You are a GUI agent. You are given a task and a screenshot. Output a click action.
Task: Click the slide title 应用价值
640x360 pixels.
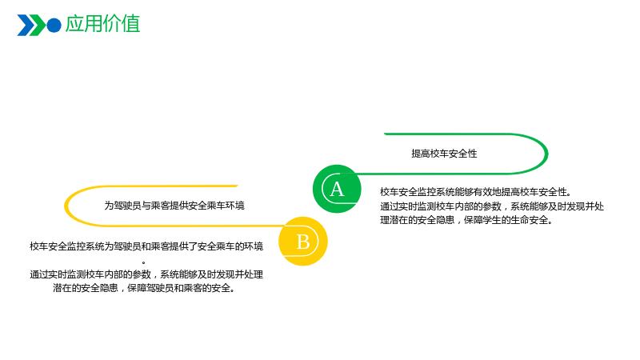pyautogui.click(x=102, y=24)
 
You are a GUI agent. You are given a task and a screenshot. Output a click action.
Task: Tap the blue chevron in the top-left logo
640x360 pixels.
pyautogui.click(x=26, y=26)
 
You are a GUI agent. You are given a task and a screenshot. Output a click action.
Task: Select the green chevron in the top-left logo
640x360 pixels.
pyautogui.click(x=38, y=26)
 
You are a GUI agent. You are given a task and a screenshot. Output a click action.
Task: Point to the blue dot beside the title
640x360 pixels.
pyautogui.click(x=54, y=26)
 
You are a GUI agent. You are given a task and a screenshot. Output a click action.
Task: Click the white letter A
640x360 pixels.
pyautogui.click(x=337, y=190)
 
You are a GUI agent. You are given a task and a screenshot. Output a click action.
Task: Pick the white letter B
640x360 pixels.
pyautogui.click(x=303, y=242)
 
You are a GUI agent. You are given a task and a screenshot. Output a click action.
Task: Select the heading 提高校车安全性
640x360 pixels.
pyautogui.click(x=444, y=154)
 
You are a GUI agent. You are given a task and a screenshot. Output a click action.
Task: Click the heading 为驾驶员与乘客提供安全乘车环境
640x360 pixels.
pyautogui.click(x=174, y=206)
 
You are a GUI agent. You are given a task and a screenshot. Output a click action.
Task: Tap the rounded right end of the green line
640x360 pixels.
pyautogui.click(x=546, y=154)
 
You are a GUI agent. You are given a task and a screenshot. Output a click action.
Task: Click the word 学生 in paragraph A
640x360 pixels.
pyautogui.click(x=492, y=220)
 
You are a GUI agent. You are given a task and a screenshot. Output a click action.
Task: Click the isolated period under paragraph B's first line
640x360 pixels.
pyautogui.click(x=144, y=262)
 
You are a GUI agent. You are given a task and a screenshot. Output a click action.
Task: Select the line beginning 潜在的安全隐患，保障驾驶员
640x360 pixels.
pyautogui.click(x=144, y=288)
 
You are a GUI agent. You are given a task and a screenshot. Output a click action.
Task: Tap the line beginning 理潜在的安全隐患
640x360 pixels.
pyautogui.click(x=466, y=220)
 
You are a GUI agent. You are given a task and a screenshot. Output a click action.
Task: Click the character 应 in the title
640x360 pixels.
pyautogui.click(x=74, y=24)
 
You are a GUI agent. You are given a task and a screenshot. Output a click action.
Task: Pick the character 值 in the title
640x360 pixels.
pyautogui.click(x=130, y=24)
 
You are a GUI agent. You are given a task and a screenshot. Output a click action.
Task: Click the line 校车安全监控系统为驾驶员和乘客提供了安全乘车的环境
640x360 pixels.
pyautogui.click(x=146, y=246)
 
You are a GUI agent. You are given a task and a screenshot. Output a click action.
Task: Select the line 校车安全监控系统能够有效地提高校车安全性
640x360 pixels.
pyautogui.click(x=476, y=192)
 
